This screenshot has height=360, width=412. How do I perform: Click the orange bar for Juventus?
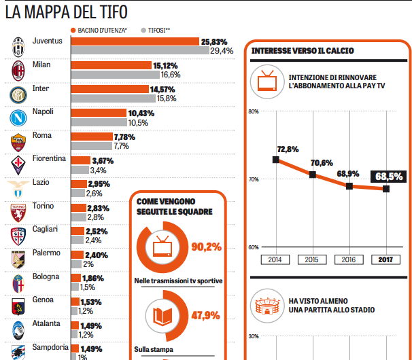135,41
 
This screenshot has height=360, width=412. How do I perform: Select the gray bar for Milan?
116,75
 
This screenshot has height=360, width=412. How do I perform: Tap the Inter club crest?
18,94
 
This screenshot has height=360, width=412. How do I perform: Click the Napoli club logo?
18,118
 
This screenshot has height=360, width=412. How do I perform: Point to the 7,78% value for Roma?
125,137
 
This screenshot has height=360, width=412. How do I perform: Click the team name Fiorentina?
50,159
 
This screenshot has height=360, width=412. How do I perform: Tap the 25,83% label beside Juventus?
214,41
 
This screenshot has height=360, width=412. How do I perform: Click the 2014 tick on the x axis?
275,259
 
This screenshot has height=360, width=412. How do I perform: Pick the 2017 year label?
385,259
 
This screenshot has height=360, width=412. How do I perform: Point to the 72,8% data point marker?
275,160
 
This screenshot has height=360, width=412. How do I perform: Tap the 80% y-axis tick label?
255,111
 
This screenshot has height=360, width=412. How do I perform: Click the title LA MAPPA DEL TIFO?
66,12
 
